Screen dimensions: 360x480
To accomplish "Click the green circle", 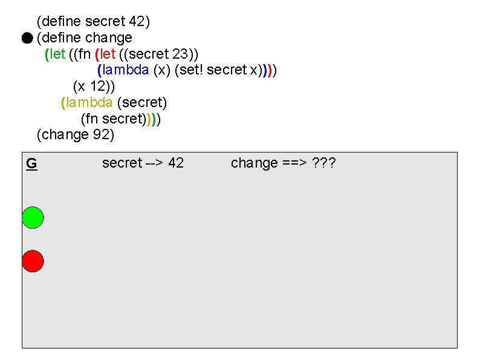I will click(33, 217).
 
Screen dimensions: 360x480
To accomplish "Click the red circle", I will click(33, 261).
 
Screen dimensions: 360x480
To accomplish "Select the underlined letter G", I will click(31, 163).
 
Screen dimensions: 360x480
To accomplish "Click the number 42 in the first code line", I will click(137, 22).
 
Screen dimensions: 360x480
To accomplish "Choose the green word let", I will click(57, 54).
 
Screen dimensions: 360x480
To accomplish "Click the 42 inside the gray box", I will click(176, 163).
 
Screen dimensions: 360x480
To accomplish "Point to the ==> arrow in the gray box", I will click(295, 163).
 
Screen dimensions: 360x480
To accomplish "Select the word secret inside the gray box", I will click(122, 163).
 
